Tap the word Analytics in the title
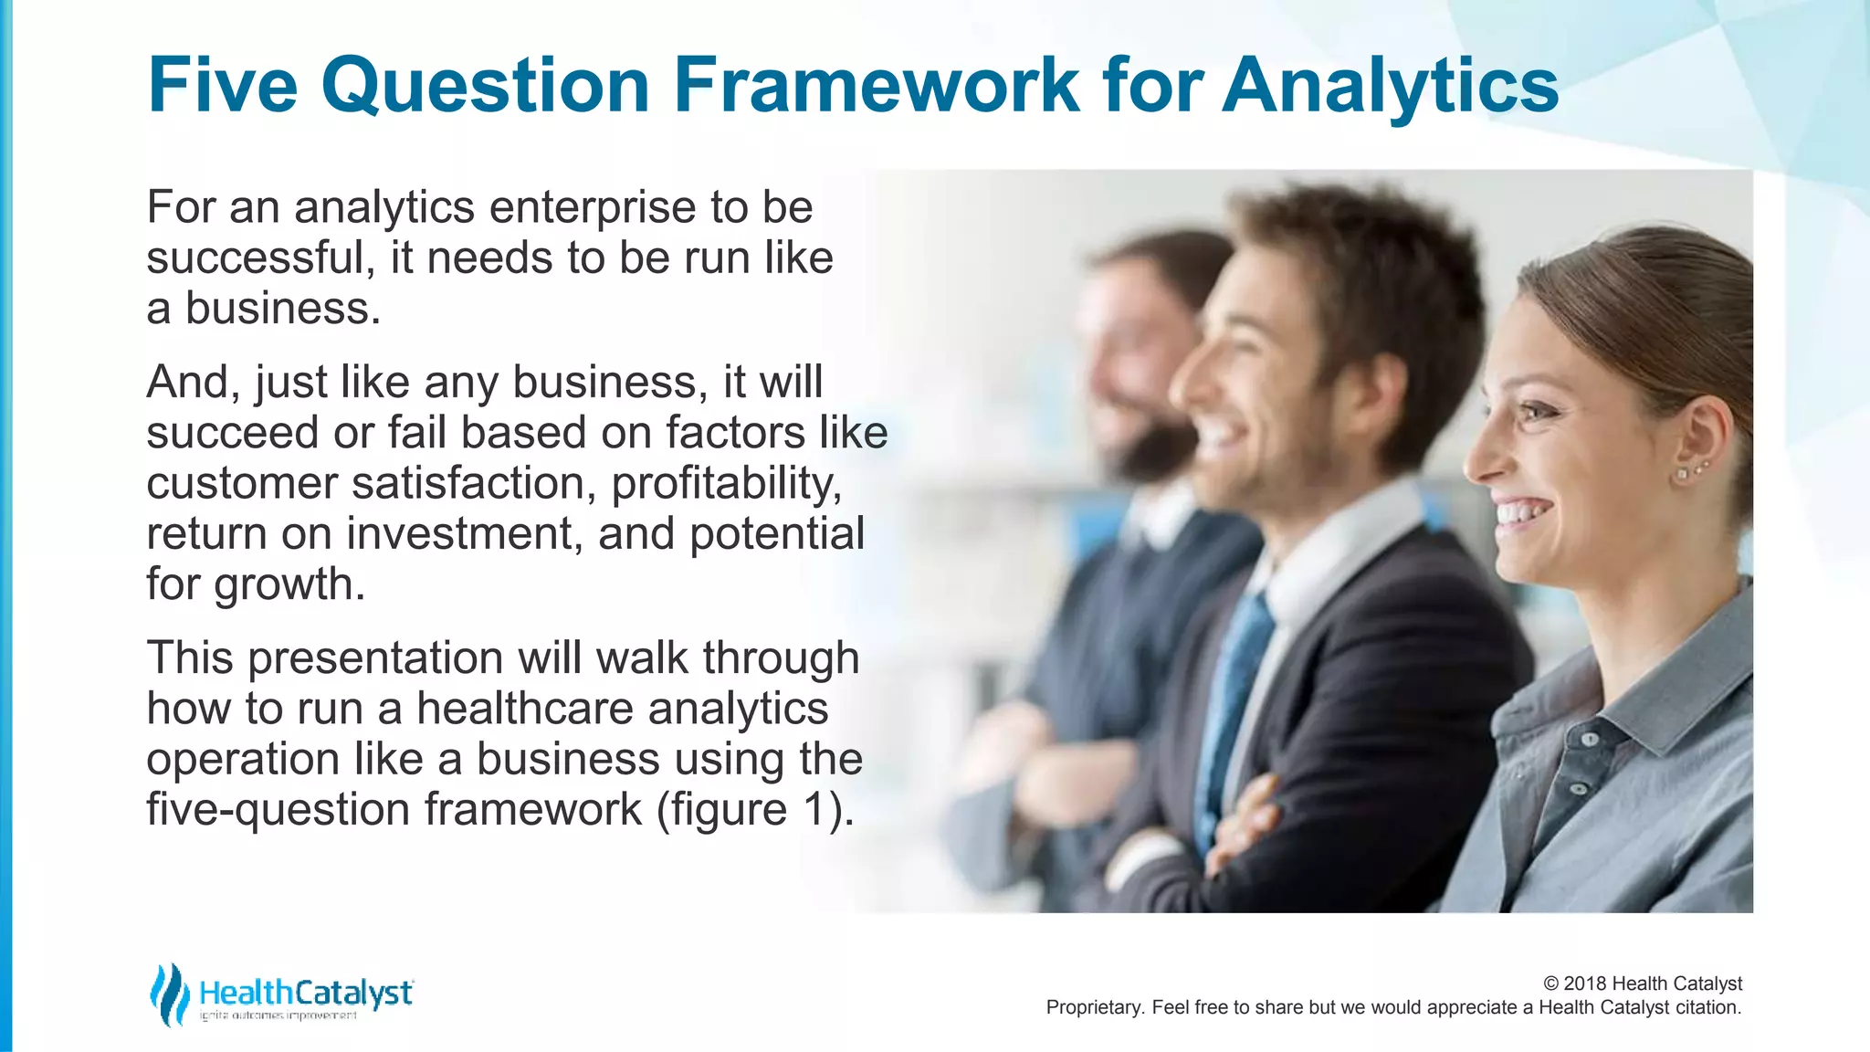click(1390, 85)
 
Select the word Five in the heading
click(222, 85)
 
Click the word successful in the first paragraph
click(256, 258)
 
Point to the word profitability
click(726, 483)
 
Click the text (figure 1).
click(755, 809)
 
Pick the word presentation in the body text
click(374, 658)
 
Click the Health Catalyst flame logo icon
click(169, 994)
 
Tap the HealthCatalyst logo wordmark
click(306, 993)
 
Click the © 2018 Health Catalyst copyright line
click(1642, 984)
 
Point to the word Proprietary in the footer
click(1093, 1007)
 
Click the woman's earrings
click(1689, 471)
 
